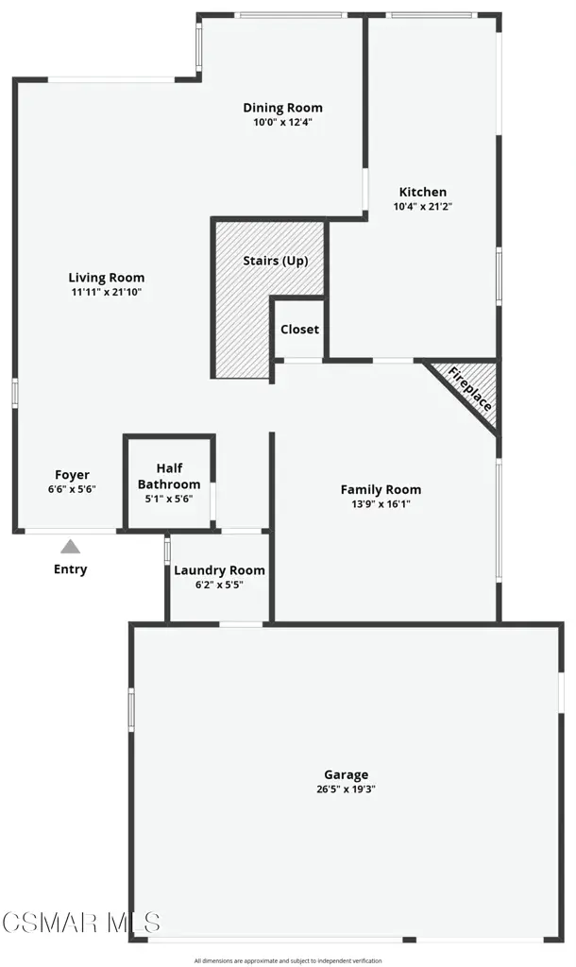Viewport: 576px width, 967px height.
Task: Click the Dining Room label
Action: [282, 108]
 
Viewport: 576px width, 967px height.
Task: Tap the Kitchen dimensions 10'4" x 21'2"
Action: [423, 207]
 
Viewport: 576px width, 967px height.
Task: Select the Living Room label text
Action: [107, 279]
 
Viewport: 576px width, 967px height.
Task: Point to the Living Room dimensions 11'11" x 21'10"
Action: [107, 293]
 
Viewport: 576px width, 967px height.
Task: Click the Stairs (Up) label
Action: [275, 261]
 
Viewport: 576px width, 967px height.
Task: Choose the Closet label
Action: [299, 330]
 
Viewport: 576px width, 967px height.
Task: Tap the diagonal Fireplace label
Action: [470, 389]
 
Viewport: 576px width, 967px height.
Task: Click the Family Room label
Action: [381, 490]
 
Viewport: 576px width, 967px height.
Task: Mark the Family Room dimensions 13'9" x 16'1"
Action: [381, 504]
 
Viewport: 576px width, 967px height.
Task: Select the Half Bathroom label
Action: [169, 476]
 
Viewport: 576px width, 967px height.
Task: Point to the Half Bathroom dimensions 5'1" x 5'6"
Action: [169, 499]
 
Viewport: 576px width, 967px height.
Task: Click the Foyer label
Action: [72, 475]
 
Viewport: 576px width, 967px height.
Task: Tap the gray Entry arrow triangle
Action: [70, 547]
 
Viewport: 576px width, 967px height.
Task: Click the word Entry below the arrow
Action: [70, 569]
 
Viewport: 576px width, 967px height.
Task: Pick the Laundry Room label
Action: [220, 570]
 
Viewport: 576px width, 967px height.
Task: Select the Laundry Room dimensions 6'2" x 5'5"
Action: [220, 585]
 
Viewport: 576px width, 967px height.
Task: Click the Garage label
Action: [347, 775]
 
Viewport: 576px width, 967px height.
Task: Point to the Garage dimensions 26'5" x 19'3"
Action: [347, 789]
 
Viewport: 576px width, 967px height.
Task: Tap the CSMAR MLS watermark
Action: [81, 923]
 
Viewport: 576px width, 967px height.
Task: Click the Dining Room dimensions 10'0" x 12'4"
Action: [282, 122]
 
